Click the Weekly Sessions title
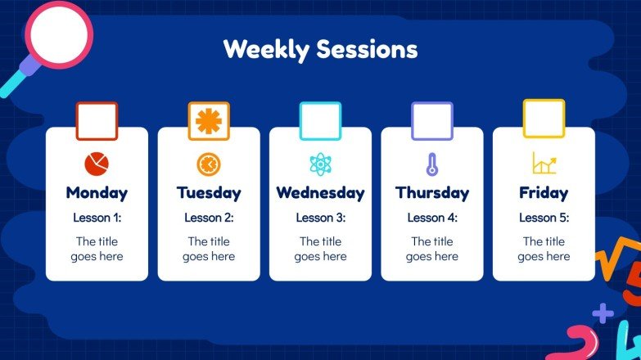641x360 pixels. pos(320,49)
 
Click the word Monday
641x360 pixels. pos(97,193)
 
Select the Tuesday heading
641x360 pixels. pos(209,193)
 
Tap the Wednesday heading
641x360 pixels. pos(320,193)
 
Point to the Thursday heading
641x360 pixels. pos(432,193)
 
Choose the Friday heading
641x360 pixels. pos(544,193)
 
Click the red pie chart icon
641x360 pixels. pos(97,164)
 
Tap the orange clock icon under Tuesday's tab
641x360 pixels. pos(209,164)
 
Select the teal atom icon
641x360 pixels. pos(320,164)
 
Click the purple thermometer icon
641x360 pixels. pos(432,164)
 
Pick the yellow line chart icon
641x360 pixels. pos(544,164)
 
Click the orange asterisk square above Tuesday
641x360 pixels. pos(209,121)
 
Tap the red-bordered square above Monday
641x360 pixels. pos(97,121)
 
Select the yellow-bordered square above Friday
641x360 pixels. pos(544,119)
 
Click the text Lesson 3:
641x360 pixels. pos(320,218)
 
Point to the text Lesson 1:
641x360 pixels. pos(97,218)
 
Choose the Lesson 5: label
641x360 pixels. pos(544,218)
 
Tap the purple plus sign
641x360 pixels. pos(603,313)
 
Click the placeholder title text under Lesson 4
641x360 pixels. pos(432,249)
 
